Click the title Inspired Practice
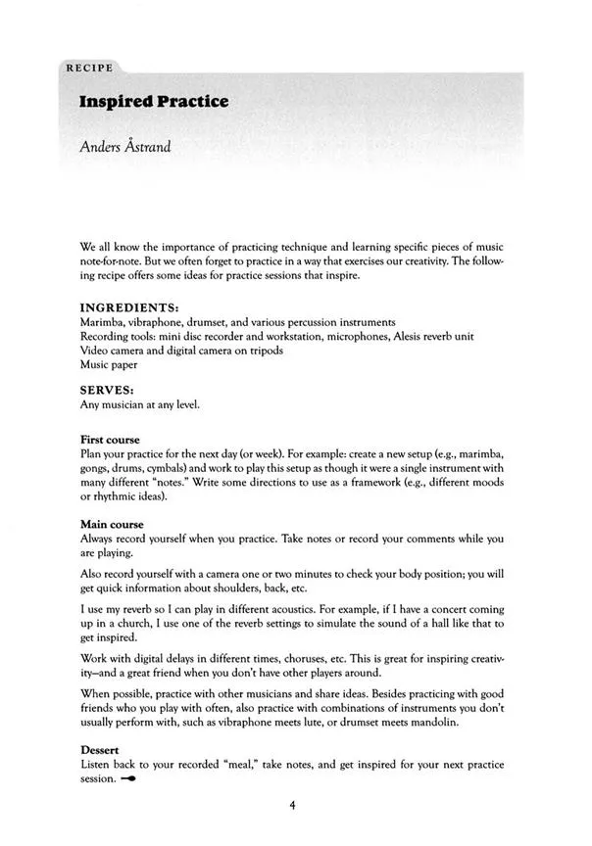pyautogui.click(x=148, y=103)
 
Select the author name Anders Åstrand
pyautogui.click(x=127, y=150)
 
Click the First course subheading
pyautogui.click(x=109, y=440)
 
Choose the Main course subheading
pyautogui.click(x=112, y=524)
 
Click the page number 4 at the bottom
pyautogui.click(x=292, y=806)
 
